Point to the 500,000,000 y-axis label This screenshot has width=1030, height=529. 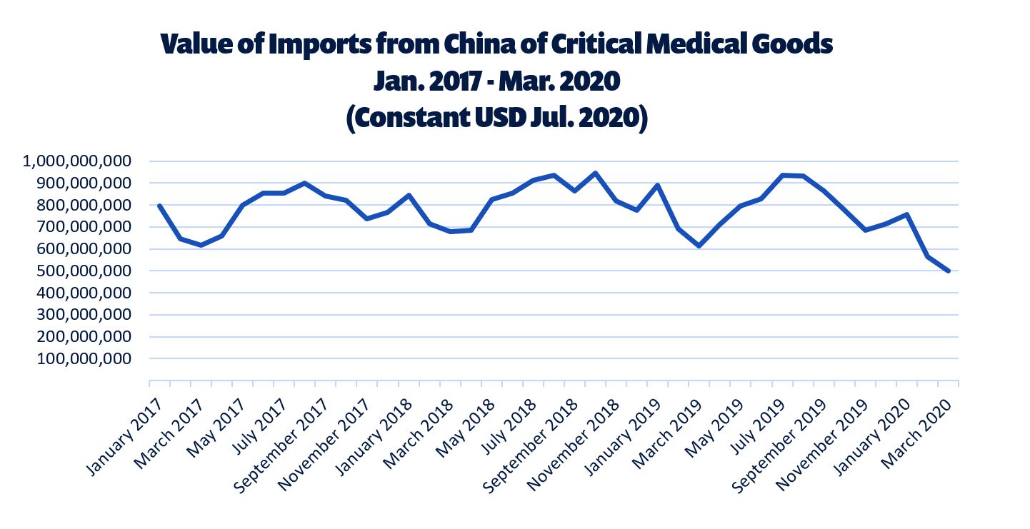tap(84, 271)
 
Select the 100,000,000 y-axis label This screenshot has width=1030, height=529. tap(84, 359)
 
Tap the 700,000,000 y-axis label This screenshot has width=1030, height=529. tap(84, 227)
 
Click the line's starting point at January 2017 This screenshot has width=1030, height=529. tap(159, 206)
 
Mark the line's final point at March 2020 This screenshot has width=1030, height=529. tap(948, 271)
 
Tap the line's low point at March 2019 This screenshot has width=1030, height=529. tap(699, 246)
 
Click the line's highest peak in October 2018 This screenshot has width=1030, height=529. tap(595, 173)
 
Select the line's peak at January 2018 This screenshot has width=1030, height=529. tap(408, 195)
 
